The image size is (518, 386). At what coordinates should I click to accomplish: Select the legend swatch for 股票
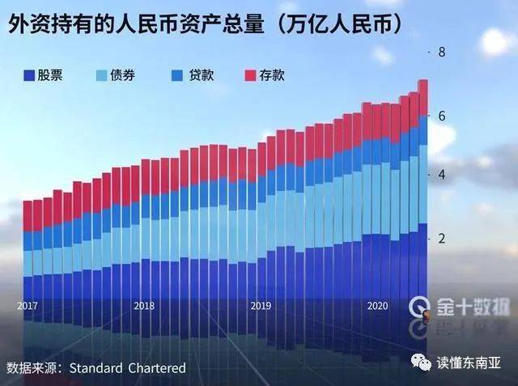tap(28, 76)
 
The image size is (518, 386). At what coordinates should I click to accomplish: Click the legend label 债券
tap(125, 76)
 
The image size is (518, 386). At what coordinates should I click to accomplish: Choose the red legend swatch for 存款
tap(249, 76)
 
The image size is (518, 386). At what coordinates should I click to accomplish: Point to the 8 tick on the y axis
tap(443, 53)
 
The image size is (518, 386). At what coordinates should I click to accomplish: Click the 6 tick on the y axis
tap(443, 116)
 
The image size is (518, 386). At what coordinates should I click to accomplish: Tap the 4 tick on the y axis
tap(443, 176)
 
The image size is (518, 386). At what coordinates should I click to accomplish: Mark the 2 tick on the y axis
tap(443, 239)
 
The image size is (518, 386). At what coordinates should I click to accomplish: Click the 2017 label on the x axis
tap(28, 306)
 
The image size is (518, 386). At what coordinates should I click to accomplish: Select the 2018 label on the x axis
tap(144, 306)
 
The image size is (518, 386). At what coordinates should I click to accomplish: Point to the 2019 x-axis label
tap(261, 306)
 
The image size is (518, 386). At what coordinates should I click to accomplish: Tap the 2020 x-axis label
tap(377, 306)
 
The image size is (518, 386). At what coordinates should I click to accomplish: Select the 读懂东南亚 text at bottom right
tap(469, 362)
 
